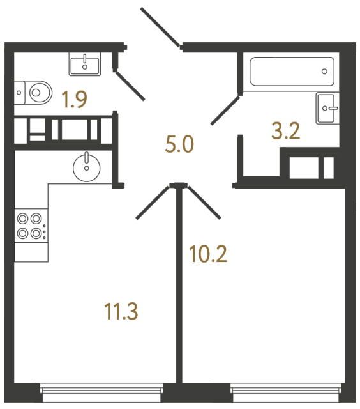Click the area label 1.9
point(74,100)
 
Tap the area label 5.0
point(179,146)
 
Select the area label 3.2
point(285,132)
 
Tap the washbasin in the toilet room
point(84,64)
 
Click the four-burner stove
point(31,226)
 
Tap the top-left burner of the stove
point(23,218)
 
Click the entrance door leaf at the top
point(160,27)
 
